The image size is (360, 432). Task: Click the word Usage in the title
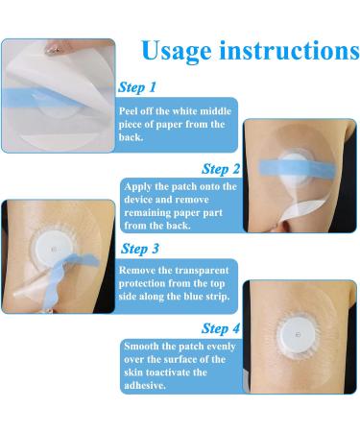tap(177, 51)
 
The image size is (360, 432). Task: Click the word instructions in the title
tap(289, 50)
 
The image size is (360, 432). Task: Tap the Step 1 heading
tap(137, 87)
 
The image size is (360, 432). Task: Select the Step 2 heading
tap(221, 169)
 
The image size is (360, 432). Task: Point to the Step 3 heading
tap(140, 249)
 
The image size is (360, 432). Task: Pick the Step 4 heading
tap(221, 328)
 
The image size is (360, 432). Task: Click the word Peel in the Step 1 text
tap(128, 111)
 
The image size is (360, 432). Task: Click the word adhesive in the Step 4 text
tap(145, 385)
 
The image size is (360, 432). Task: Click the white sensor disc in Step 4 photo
tap(296, 334)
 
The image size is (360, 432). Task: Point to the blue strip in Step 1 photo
tap(41, 97)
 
